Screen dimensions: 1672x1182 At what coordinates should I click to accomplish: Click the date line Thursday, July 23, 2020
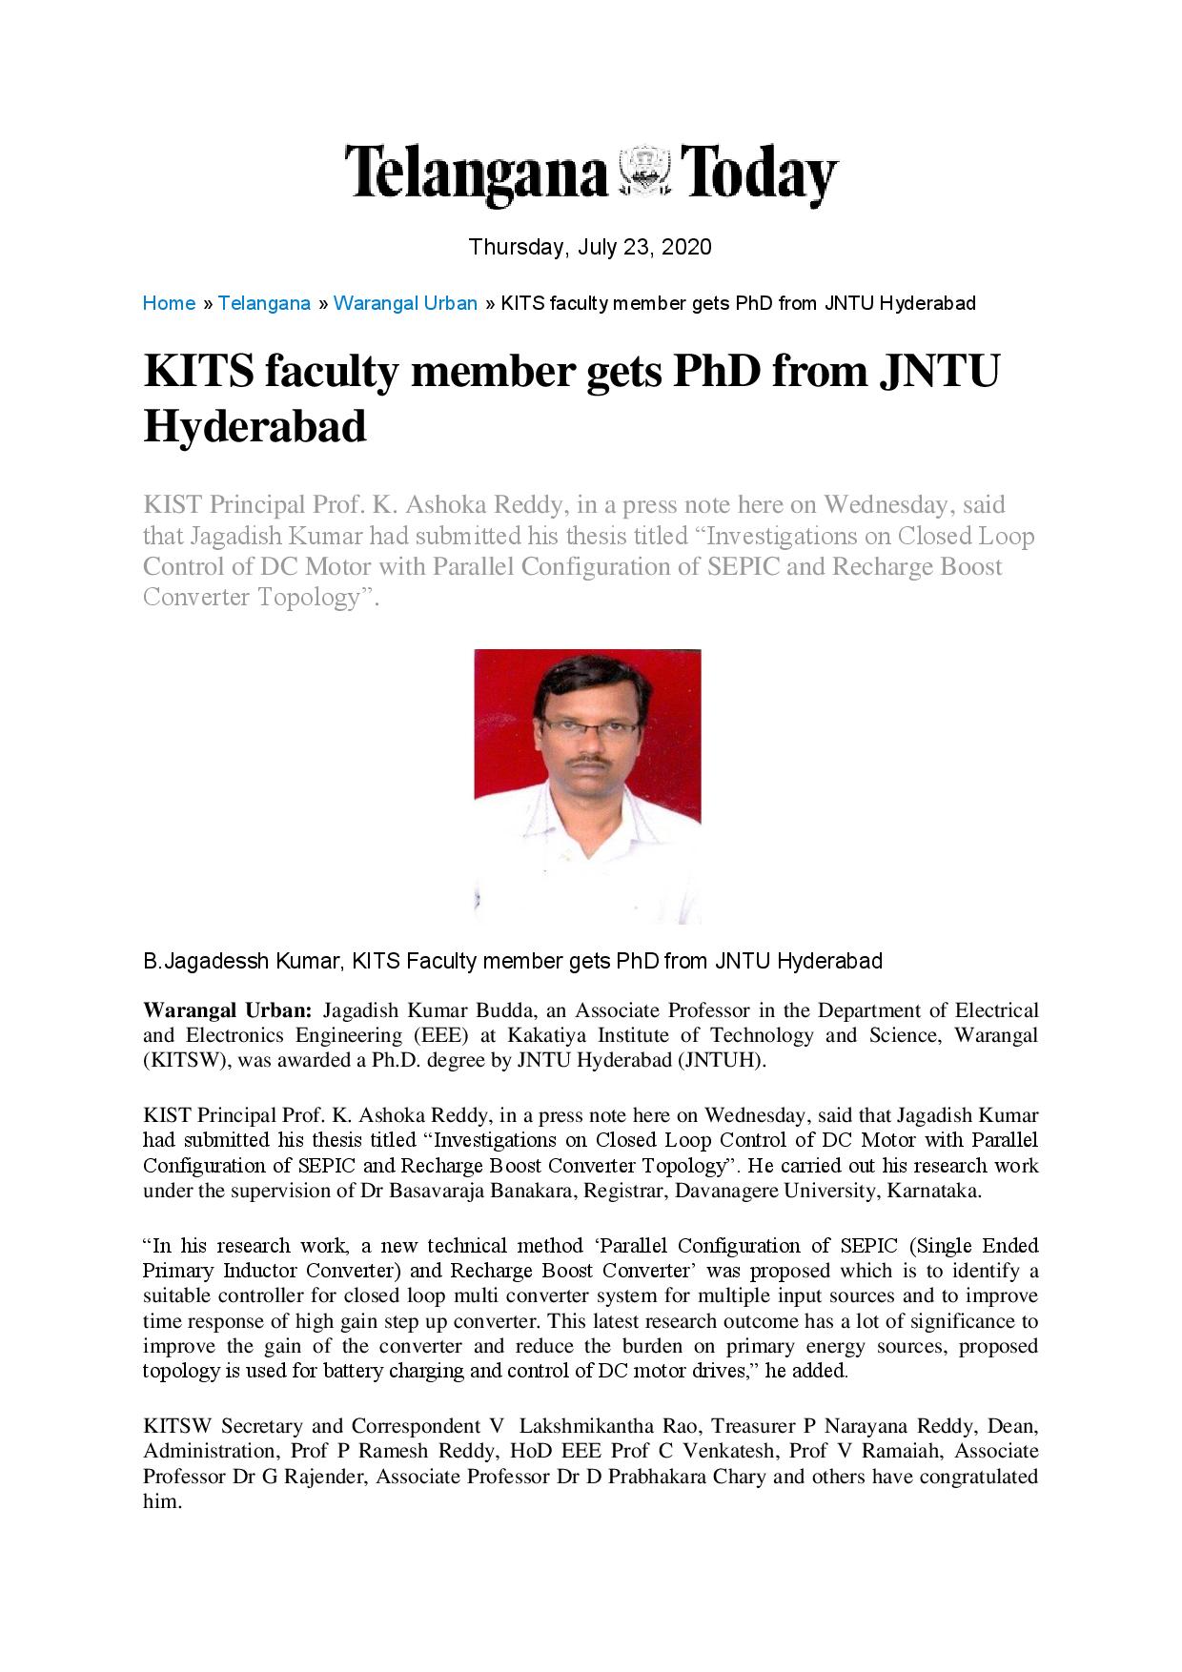590,247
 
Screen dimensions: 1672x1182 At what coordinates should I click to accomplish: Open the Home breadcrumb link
169,303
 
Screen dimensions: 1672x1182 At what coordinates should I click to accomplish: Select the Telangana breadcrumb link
264,303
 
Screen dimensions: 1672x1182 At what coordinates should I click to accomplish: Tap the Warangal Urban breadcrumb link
405,303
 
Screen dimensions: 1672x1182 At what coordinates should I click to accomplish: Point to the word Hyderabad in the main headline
255,425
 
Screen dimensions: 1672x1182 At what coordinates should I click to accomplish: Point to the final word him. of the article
161,1501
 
